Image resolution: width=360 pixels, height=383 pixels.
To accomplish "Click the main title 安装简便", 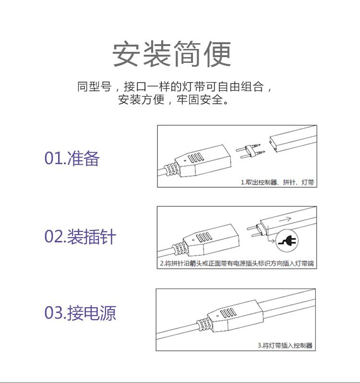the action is point(172,54).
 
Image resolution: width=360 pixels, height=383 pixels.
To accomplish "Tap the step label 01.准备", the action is point(72,158).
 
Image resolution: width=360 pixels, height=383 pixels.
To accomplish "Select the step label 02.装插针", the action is point(80,237).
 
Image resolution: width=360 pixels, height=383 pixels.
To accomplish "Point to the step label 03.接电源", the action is point(80,313).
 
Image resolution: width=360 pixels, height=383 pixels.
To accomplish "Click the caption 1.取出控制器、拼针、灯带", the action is point(277,182).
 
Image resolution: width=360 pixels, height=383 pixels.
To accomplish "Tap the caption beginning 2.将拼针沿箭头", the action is point(237,263).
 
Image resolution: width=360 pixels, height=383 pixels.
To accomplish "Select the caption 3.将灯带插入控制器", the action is point(285,346).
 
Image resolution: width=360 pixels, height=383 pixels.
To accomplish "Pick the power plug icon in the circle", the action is point(287,240).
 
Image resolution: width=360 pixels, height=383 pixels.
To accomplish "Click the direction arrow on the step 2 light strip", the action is point(285,219).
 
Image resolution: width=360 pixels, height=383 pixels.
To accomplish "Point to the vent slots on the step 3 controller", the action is point(228,313).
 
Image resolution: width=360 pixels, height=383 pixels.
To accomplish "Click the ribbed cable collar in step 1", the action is point(171,169).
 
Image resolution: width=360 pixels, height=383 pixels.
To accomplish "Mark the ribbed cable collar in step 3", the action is point(204,324).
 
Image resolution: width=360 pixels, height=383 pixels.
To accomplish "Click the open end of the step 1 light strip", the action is point(274,144).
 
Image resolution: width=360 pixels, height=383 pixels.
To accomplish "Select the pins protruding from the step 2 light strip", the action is point(254,231).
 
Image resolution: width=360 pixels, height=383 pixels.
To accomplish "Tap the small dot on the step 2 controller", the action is point(193,240).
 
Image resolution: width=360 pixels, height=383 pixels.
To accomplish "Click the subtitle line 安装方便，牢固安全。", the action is point(174,99).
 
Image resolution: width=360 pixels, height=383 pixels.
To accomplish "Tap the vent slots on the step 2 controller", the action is point(204,237).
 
